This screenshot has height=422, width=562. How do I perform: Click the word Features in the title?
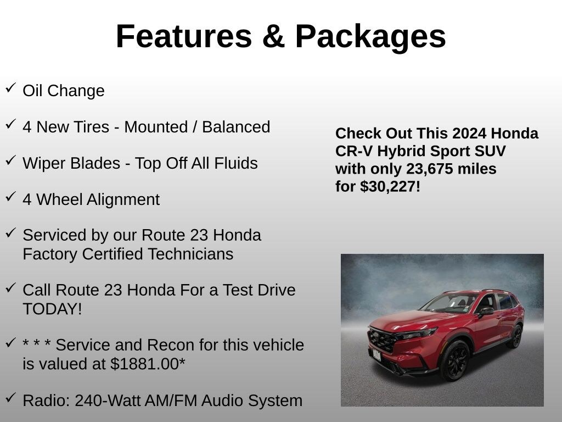pos(184,36)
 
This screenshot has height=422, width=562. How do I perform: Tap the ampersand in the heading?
pos(273,36)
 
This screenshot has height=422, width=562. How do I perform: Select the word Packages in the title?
pos(370,38)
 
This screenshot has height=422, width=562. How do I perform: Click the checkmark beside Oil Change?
pos(11,87)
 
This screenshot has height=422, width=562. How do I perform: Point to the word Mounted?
pos(156,127)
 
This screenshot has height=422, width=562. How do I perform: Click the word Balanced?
pos(236,127)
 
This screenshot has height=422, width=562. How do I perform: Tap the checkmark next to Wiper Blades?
pos(11,160)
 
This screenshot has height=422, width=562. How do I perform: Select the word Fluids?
pos(236,163)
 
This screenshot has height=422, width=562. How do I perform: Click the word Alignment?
pos(123,200)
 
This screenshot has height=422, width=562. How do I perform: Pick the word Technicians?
pos(190,254)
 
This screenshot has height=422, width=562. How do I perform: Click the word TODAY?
pos(52,309)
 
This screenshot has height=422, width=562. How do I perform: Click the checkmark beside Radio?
pos(11,398)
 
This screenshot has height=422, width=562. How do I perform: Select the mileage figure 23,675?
pos(429,169)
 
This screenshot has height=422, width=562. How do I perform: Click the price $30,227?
pos(390,187)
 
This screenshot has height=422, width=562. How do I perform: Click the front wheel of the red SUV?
pos(455,360)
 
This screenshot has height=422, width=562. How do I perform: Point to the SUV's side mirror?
pos(486,312)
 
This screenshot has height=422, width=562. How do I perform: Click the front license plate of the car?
pos(376,356)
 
